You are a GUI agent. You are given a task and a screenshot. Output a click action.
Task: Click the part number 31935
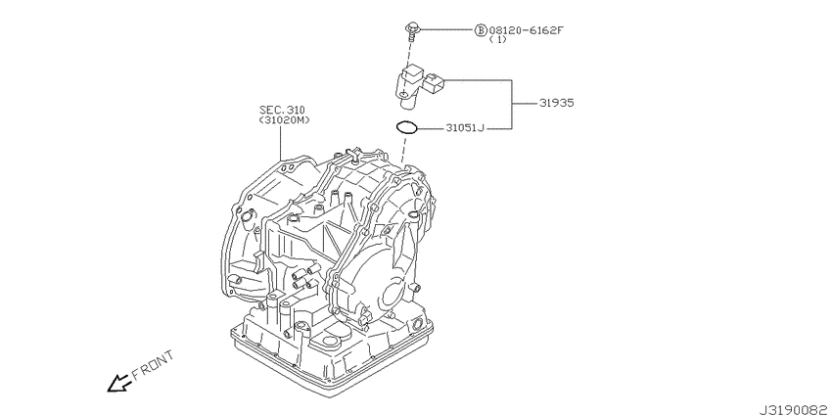(557, 102)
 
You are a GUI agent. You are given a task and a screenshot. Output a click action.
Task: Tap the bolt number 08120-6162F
(526, 30)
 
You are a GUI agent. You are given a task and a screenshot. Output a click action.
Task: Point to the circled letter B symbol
(481, 30)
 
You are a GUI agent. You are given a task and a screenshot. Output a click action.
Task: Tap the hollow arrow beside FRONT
(119, 383)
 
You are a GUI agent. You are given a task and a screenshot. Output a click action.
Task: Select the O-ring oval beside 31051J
(406, 126)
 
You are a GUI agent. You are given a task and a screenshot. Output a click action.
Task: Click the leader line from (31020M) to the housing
(282, 143)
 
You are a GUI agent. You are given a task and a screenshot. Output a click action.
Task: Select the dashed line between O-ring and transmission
(402, 147)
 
